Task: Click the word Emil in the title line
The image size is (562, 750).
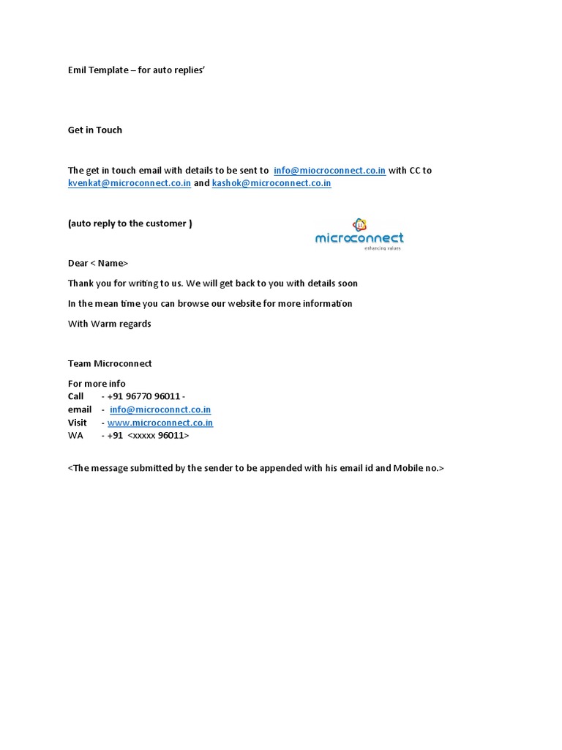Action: pos(78,70)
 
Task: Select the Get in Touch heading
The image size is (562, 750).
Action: pos(95,130)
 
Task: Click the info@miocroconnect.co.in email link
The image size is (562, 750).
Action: pos(329,170)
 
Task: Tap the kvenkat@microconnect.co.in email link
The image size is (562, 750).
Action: pos(130,183)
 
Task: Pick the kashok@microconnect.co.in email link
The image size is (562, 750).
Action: pos(271,183)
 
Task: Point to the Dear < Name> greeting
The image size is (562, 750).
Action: pos(98,263)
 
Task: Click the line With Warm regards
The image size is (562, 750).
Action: pos(110,323)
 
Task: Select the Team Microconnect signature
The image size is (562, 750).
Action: pos(110,363)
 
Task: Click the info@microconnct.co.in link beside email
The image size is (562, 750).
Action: pos(160,409)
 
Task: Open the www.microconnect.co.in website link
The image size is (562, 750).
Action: pos(160,423)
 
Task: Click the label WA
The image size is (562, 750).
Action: pos(75,435)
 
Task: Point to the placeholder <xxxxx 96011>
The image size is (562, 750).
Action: pos(158,435)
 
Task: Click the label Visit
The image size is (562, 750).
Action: pos(78,423)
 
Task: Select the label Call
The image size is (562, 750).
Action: pos(76,396)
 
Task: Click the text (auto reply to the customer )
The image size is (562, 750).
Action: pos(130,223)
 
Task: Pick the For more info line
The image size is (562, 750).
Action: pos(97,383)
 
